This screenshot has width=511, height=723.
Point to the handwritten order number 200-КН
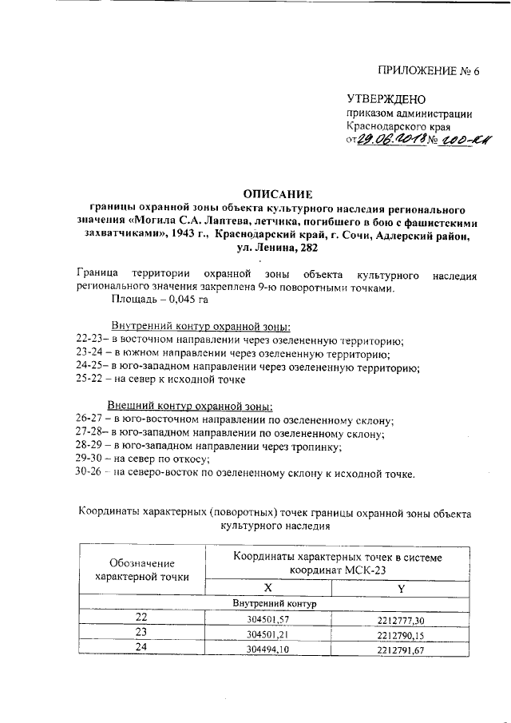pos(458,141)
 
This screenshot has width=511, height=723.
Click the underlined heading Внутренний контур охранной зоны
pos(200,327)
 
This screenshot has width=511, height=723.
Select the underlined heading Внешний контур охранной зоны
pos(190,406)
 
